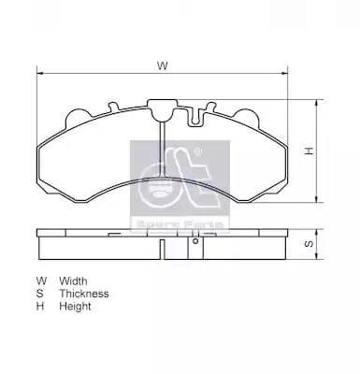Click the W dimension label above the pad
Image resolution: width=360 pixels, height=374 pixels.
click(162, 66)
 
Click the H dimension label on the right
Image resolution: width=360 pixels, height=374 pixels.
click(308, 151)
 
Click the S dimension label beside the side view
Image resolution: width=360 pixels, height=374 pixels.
click(308, 244)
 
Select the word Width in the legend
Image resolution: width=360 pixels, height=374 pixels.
click(74, 280)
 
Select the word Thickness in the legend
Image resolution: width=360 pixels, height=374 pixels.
click(84, 294)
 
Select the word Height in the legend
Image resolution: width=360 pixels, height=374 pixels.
click(75, 307)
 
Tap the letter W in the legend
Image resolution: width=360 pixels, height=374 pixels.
click(41, 280)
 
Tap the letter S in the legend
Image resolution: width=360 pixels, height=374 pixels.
click(40, 294)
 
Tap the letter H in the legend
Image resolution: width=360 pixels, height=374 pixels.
click(40, 307)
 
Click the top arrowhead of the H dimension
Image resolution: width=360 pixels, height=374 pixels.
click(318, 101)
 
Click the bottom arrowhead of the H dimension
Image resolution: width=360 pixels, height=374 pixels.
click(318, 199)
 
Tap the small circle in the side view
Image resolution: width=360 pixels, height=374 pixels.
click(195, 241)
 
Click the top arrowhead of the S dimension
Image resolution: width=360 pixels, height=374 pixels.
click(318, 232)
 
